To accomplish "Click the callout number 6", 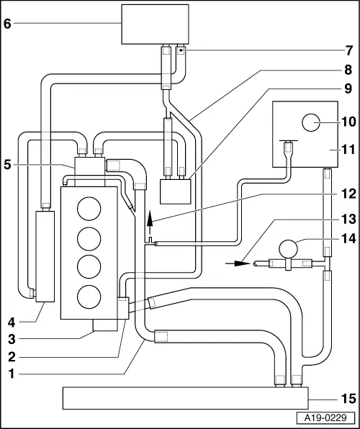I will click(x=8, y=23).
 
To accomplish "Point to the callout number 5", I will click(x=8, y=165).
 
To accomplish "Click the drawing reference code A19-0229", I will click(x=333, y=418).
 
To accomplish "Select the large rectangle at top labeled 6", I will click(x=156, y=23).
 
